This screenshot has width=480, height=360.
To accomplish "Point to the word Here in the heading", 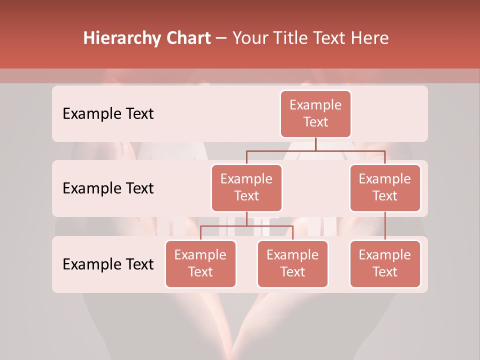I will (x=370, y=38).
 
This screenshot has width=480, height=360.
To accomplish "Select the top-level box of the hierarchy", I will (x=315, y=114).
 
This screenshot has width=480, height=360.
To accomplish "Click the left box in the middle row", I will (x=246, y=188).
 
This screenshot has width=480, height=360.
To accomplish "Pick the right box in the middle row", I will (x=385, y=188).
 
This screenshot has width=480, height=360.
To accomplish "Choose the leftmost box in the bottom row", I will (x=200, y=264).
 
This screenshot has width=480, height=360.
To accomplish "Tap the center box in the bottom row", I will (x=292, y=264).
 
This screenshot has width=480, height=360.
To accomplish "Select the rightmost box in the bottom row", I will (x=385, y=264).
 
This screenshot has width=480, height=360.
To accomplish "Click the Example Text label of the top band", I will (x=108, y=114).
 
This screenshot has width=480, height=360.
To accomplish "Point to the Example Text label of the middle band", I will (x=108, y=188).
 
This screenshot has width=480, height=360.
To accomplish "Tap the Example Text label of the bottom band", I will (x=108, y=264).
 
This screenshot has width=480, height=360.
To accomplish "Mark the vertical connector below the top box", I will (x=315, y=144).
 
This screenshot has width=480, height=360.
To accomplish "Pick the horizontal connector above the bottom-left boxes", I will (x=246, y=226).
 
